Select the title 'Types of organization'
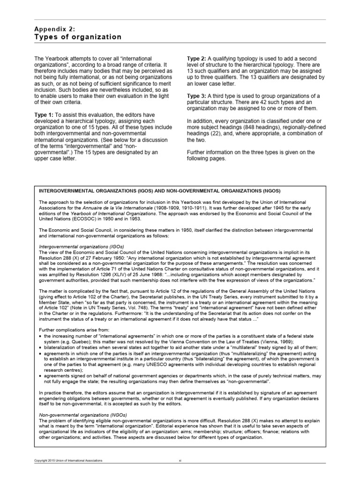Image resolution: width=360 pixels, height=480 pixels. pyautogui.click(x=78, y=37)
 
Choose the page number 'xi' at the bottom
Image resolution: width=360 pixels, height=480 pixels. pyautogui.click(x=180, y=473)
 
